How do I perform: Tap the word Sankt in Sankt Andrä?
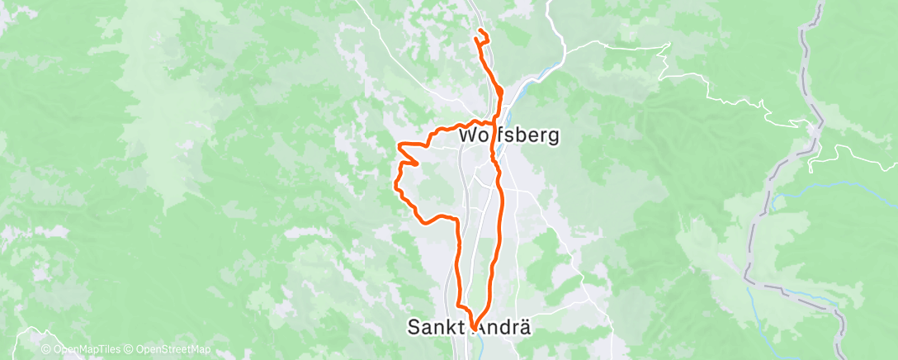439,327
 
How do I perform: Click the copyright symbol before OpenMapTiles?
46,349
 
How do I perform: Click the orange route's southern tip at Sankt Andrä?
473,329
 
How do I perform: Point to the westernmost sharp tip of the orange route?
399,145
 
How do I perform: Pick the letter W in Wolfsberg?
467,134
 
